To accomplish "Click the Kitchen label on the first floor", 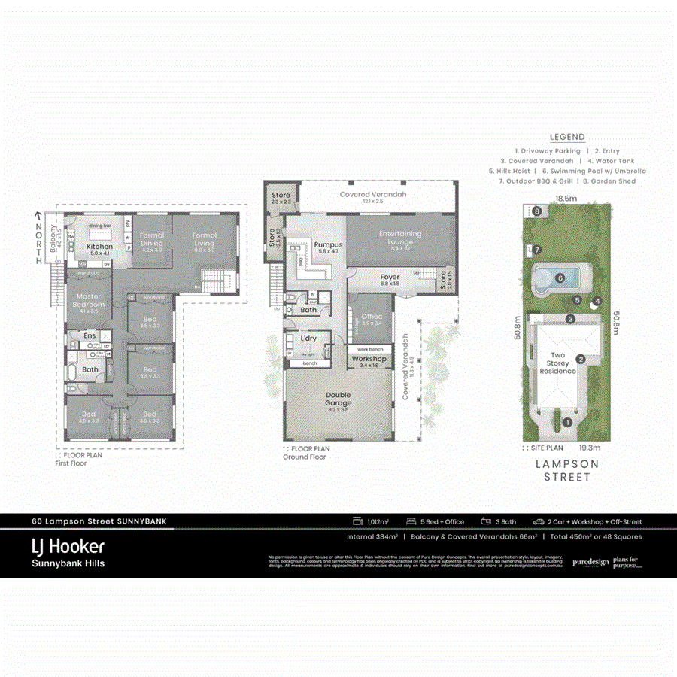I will click(99, 247).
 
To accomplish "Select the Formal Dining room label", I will click(152, 239).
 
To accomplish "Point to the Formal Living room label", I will click(204, 239).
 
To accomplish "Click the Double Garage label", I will click(338, 399).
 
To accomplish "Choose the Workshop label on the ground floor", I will click(369, 360).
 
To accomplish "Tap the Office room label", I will click(372, 317).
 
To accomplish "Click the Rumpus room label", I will click(328, 245).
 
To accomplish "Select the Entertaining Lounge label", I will click(400, 238).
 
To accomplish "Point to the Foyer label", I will click(390, 278).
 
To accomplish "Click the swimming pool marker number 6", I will click(560, 278).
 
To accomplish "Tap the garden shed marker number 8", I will click(537, 211).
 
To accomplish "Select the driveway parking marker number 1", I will click(567, 423).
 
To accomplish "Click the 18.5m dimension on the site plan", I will click(566, 198).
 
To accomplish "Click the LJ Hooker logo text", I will click(68, 546).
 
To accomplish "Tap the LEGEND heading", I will click(567, 137).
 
